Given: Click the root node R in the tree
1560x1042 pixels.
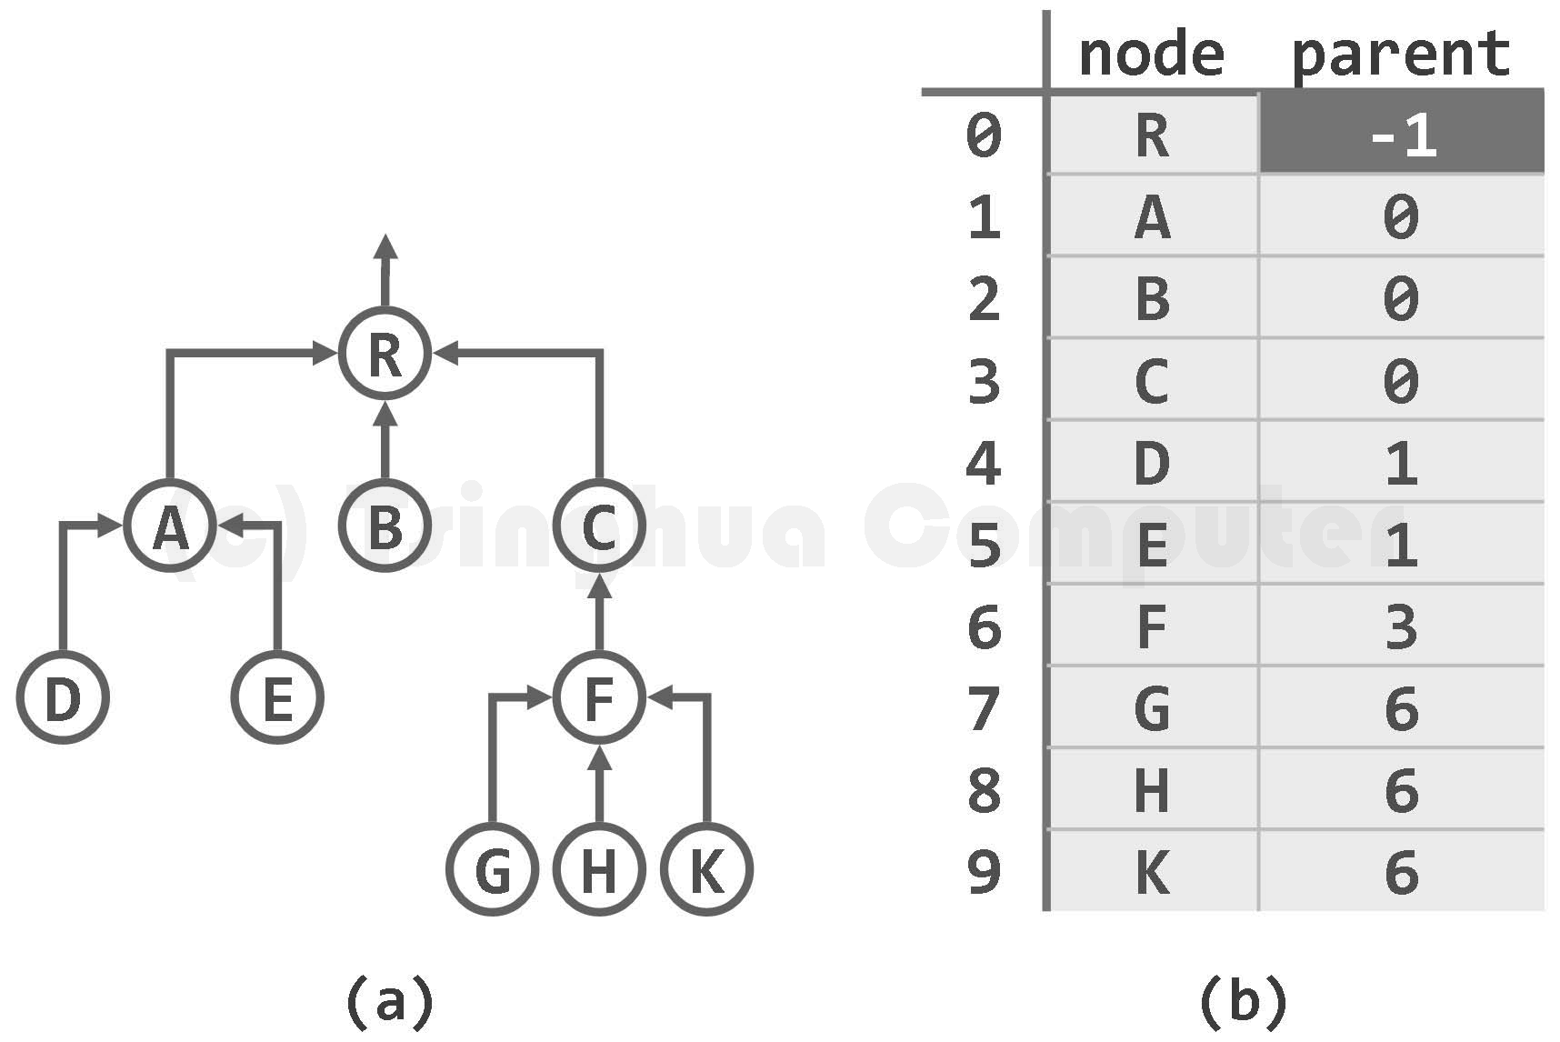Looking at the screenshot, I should pyautogui.click(x=385, y=355).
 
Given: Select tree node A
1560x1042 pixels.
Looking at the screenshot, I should pyautogui.click(x=170, y=526).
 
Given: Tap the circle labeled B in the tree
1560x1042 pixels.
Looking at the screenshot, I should pyautogui.click(x=385, y=526).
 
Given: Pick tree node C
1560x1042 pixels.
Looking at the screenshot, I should pyautogui.click(x=599, y=526).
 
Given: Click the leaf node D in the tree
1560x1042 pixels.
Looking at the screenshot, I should pyautogui.click(x=63, y=698).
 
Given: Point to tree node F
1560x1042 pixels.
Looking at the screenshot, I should pyautogui.click(x=599, y=698).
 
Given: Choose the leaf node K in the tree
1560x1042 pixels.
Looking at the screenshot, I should pyautogui.click(x=706, y=870).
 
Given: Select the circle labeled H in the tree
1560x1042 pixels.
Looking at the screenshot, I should pyautogui.click(x=599, y=870).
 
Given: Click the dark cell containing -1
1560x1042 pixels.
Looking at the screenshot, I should pyautogui.click(x=1401, y=134).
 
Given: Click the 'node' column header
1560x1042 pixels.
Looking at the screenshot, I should pyautogui.click(x=1151, y=55).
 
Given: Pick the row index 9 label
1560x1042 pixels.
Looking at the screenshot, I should pyautogui.click(x=985, y=871).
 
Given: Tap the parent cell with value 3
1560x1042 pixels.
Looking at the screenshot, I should pyautogui.click(x=1401, y=626).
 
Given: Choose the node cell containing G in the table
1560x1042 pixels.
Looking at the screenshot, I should pyautogui.click(x=1153, y=707).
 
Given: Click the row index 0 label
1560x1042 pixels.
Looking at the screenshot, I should pyautogui.click(x=985, y=135).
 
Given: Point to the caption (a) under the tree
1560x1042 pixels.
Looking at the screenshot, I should pyautogui.click(x=390, y=1000).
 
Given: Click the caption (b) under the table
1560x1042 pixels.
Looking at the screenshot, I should pyautogui.click(x=1243, y=1000).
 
